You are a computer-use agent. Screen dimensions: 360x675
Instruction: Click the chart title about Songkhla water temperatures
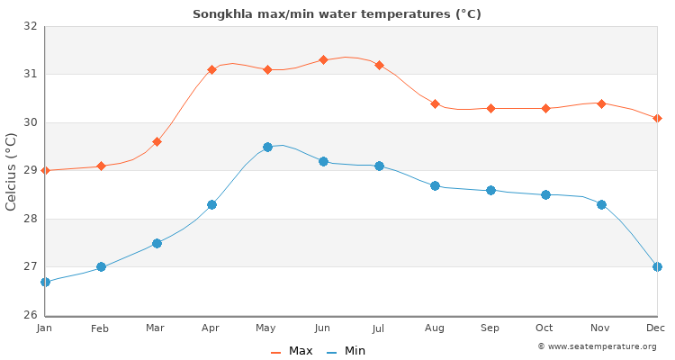(x=337, y=13)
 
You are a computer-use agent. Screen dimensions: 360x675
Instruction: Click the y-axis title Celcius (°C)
(x=12, y=171)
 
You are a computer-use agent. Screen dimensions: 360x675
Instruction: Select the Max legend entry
(x=292, y=351)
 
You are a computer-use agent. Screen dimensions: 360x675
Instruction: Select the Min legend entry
(x=346, y=351)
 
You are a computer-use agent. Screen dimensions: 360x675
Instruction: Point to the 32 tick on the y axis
(x=30, y=26)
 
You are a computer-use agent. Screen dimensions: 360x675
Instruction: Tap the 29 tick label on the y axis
(x=30, y=170)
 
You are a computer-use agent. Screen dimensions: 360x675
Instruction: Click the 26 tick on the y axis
(x=30, y=315)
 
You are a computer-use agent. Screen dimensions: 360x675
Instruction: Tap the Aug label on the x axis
(x=435, y=328)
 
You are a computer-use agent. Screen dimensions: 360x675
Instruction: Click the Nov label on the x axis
(x=601, y=328)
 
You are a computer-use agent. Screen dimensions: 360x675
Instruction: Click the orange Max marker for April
(x=212, y=69)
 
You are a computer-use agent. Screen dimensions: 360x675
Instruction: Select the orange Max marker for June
(x=323, y=59)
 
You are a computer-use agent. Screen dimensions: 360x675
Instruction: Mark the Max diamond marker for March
(x=157, y=141)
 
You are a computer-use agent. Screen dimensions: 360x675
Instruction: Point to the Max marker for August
(x=435, y=103)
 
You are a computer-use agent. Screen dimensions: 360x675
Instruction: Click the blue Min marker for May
(x=267, y=147)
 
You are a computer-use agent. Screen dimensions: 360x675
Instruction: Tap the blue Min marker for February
(x=101, y=266)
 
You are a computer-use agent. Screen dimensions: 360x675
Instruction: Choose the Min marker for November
(x=601, y=204)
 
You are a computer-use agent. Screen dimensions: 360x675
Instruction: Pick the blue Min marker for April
(x=212, y=204)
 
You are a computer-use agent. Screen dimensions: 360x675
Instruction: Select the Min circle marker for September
(x=490, y=190)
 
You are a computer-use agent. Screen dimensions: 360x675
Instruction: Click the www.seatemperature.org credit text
(x=597, y=346)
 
